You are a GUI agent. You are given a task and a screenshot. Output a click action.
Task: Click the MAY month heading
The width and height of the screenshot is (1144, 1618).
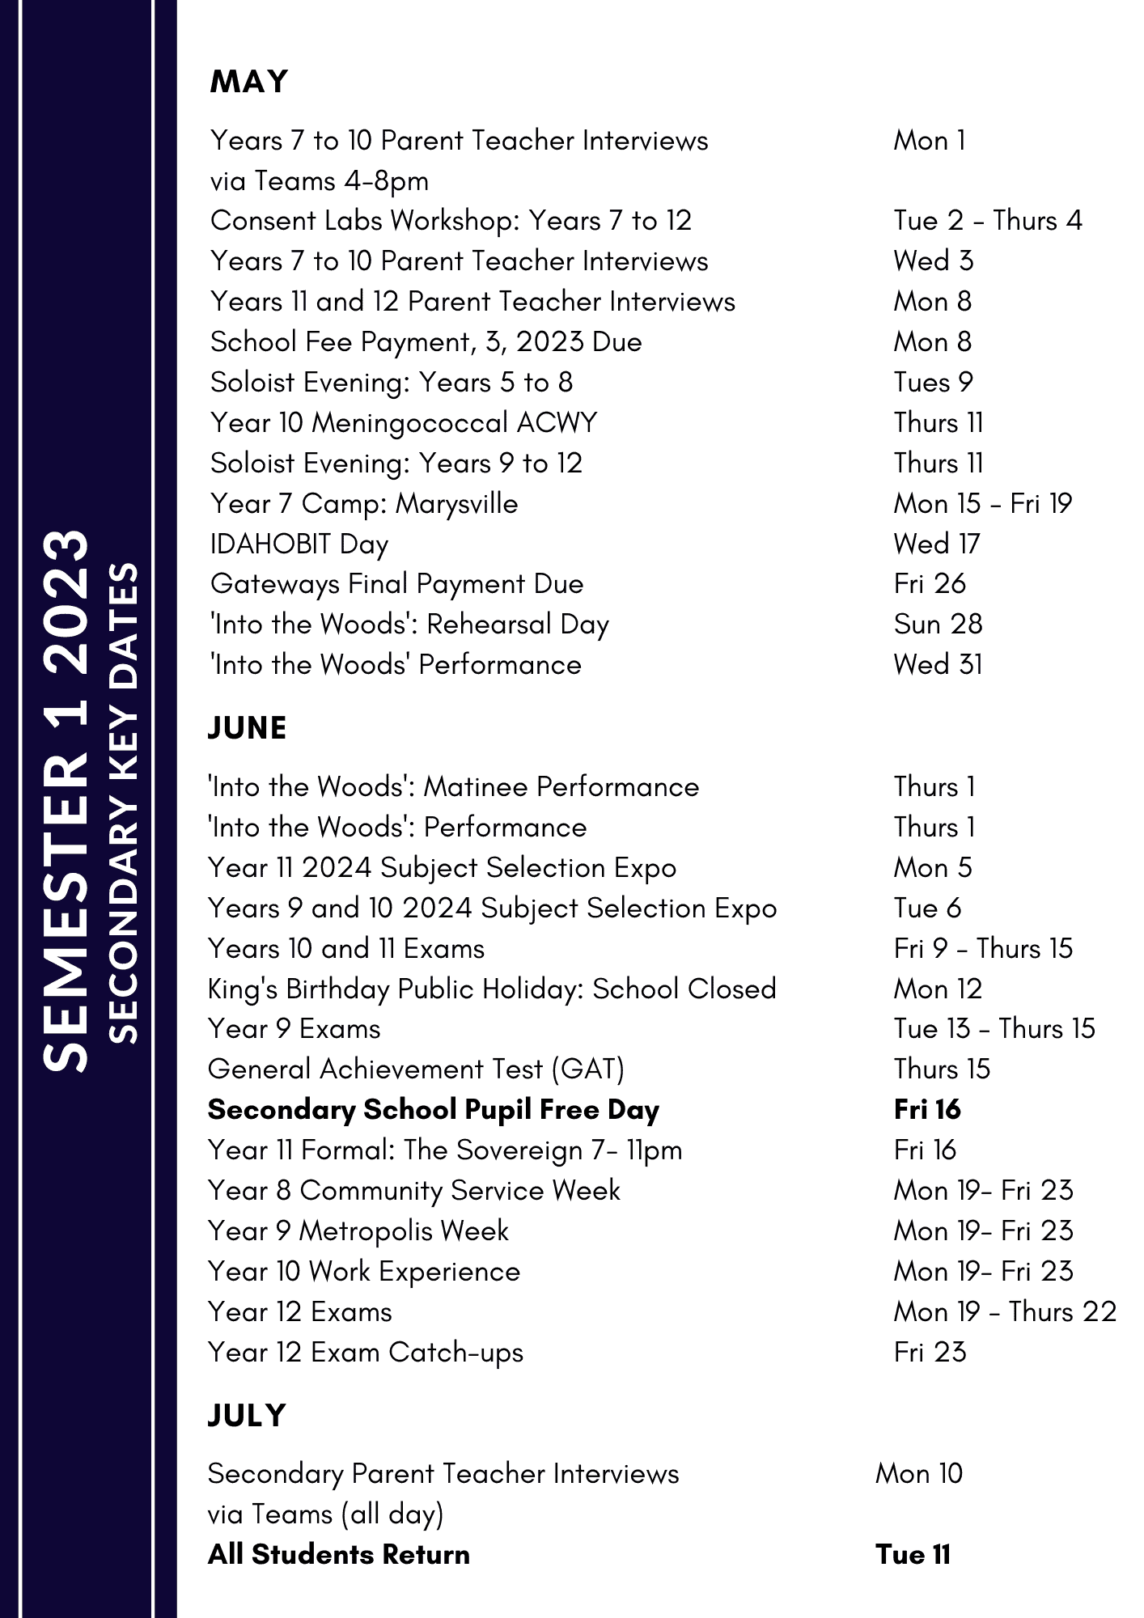pos(248,82)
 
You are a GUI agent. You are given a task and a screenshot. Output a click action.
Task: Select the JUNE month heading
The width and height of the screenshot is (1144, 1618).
pos(247,728)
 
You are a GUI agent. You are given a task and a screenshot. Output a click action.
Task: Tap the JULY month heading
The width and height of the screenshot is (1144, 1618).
pos(247,1416)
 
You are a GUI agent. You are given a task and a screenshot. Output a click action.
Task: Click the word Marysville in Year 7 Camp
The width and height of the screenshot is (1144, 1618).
pos(457,504)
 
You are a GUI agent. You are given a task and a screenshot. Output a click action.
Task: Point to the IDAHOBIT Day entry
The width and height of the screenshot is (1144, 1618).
pos(299,544)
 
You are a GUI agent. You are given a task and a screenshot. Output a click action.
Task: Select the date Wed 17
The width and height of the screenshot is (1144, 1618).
pos(936,544)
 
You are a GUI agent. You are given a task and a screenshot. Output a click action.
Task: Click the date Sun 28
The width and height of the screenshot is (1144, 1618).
pos(938,625)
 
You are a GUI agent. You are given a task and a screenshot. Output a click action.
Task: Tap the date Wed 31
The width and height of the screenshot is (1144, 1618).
pos(938,665)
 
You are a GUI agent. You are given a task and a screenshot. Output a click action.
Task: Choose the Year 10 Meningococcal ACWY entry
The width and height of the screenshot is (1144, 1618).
pos(403,423)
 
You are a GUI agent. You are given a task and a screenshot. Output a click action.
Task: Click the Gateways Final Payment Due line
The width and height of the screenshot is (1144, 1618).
pos(396,584)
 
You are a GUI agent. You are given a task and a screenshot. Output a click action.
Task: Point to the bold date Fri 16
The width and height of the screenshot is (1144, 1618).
pos(927,1109)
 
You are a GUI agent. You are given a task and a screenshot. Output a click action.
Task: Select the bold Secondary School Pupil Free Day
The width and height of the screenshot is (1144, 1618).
pos(434,1110)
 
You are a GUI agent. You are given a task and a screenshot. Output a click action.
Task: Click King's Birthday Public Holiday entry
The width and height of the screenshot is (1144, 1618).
pos(492,989)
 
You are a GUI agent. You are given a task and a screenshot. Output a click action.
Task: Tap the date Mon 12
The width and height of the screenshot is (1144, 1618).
pos(938,989)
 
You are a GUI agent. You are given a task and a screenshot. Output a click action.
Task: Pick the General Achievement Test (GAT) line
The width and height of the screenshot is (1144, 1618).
pos(416,1069)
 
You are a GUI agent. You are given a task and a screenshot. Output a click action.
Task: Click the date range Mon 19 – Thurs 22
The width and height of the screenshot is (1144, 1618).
pos(1005,1311)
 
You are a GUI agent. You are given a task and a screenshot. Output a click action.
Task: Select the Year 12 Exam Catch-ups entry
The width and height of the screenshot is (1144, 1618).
pos(366,1353)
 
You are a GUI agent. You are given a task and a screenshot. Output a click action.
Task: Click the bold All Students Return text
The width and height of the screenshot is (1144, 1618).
pos(339,1555)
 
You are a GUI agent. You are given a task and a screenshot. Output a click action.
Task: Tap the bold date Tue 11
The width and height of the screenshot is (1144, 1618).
pos(913,1555)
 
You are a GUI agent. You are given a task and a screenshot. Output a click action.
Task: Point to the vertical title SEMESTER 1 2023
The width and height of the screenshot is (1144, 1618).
pos(66,801)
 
